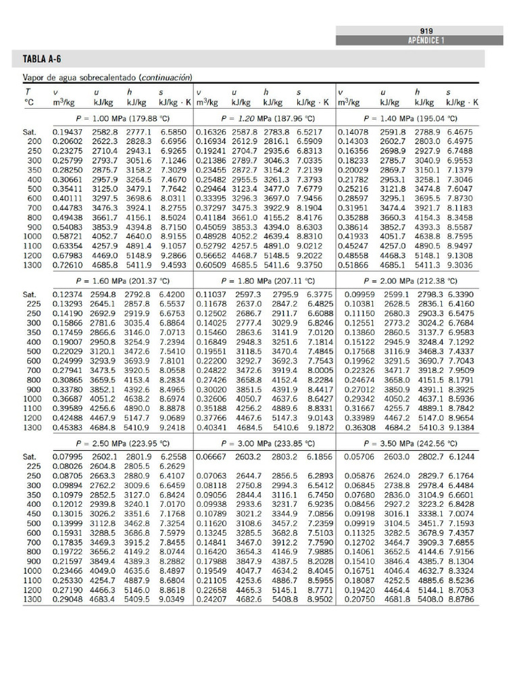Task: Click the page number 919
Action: [x=426, y=30]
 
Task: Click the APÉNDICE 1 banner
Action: [x=426, y=41]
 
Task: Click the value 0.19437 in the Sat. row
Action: [x=67, y=132]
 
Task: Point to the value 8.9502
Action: [x=320, y=599]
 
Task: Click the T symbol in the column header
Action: [x=28, y=91]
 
